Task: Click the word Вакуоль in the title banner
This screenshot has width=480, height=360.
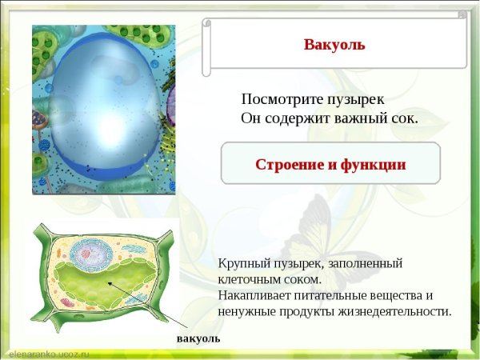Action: [x=334, y=44]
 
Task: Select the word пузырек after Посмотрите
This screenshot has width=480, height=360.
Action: [x=354, y=100]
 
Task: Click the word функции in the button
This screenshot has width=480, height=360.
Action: [x=374, y=165]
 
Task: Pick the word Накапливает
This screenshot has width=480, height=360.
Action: [x=254, y=295]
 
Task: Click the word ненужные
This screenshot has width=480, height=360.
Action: [x=245, y=311]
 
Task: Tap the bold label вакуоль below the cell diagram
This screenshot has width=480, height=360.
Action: [x=198, y=338]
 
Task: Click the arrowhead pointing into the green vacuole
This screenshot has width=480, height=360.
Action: [x=107, y=284]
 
